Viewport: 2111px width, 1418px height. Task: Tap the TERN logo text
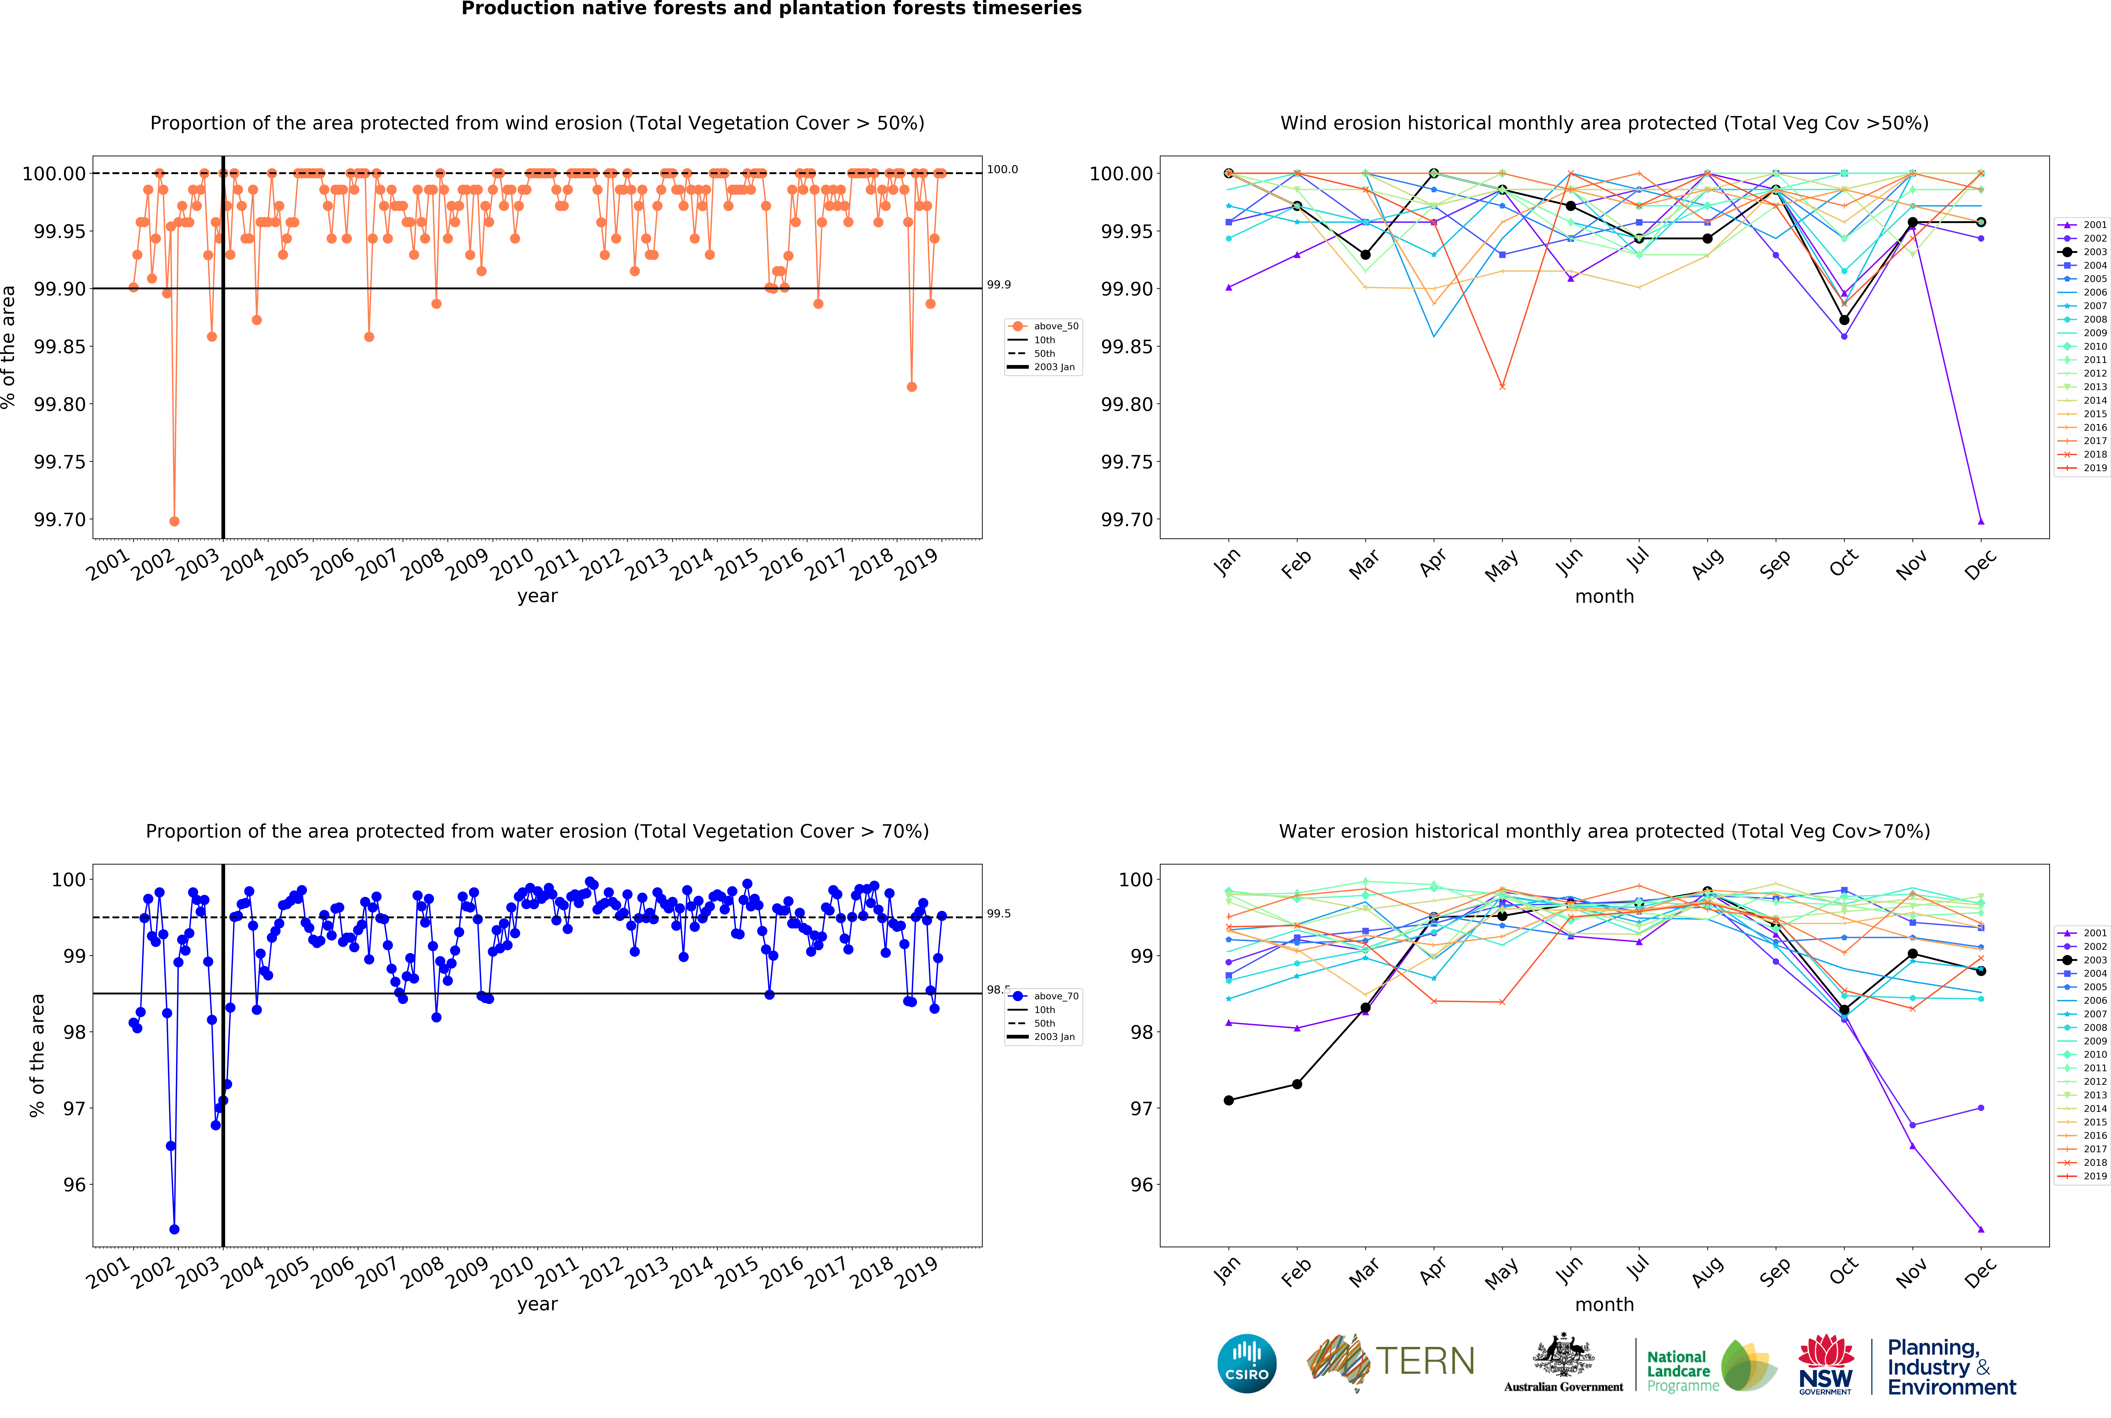point(1425,1361)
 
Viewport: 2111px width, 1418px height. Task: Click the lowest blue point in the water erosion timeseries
point(175,1229)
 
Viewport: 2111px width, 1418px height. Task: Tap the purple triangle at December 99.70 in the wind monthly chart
point(1981,521)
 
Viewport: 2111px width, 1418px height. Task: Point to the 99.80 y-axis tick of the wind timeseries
point(61,404)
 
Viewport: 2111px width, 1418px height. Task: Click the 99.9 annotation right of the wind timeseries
point(998,285)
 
